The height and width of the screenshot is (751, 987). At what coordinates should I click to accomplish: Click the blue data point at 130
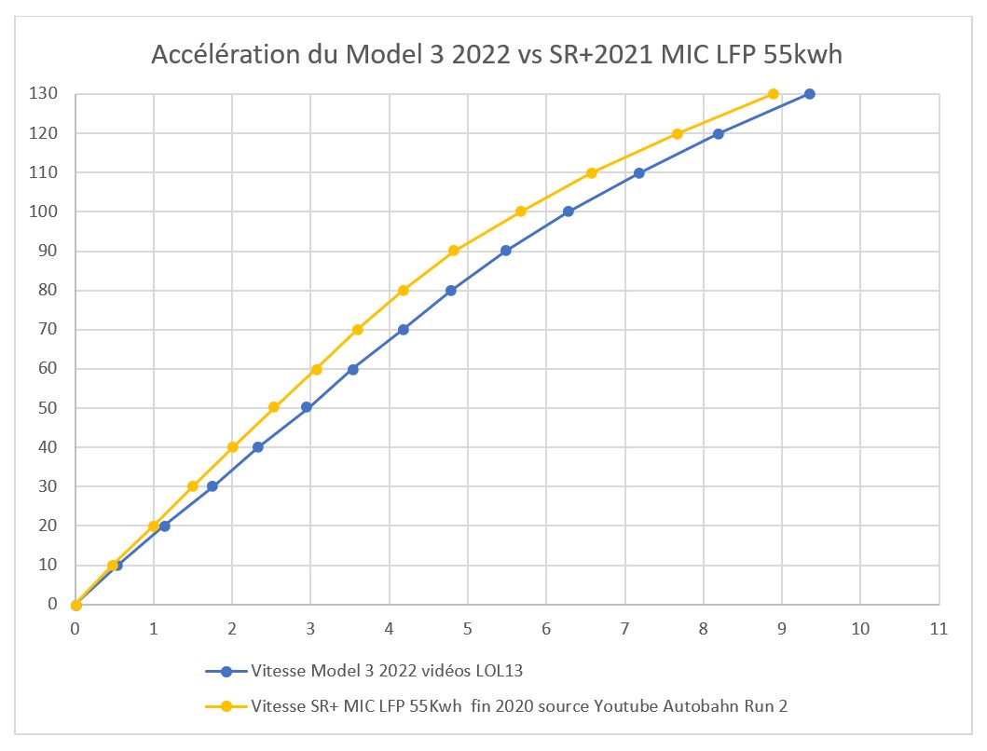(x=810, y=94)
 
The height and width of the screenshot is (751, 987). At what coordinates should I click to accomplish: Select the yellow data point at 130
(x=773, y=94)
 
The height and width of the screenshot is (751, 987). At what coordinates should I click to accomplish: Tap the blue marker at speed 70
(x=404, y=329)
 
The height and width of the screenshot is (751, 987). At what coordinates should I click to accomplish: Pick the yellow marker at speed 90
(x=453, y=251)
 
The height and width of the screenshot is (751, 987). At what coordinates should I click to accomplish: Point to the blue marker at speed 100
(x=569, y=212)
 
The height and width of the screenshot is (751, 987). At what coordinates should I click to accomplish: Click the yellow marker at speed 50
(x=274, y=407)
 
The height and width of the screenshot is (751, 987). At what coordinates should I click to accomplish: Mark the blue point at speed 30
(x=212, y=486)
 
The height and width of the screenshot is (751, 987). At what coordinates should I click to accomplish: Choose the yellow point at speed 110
(x=592, y=173)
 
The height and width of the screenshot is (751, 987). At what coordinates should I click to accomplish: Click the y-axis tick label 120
(x=44, y=133)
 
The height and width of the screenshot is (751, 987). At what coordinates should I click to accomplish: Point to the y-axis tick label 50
(x=48, y=407)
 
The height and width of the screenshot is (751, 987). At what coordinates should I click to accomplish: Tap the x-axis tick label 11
(x=939, y=629)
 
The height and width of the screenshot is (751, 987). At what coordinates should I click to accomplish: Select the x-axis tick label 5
(x=467, y=629)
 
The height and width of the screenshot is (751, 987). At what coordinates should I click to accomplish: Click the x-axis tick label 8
(x=703, y=629)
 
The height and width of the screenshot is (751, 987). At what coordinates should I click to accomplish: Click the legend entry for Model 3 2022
(x=364, y=671)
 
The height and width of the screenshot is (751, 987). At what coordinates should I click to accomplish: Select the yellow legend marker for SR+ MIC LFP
(x=226, y=706)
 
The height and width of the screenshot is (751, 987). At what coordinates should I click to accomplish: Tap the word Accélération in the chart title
(x=226, y=55)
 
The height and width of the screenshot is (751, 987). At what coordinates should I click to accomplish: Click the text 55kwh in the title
(x=802, y=55)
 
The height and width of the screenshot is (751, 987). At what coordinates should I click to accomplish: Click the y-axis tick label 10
(x=48, y=564)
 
